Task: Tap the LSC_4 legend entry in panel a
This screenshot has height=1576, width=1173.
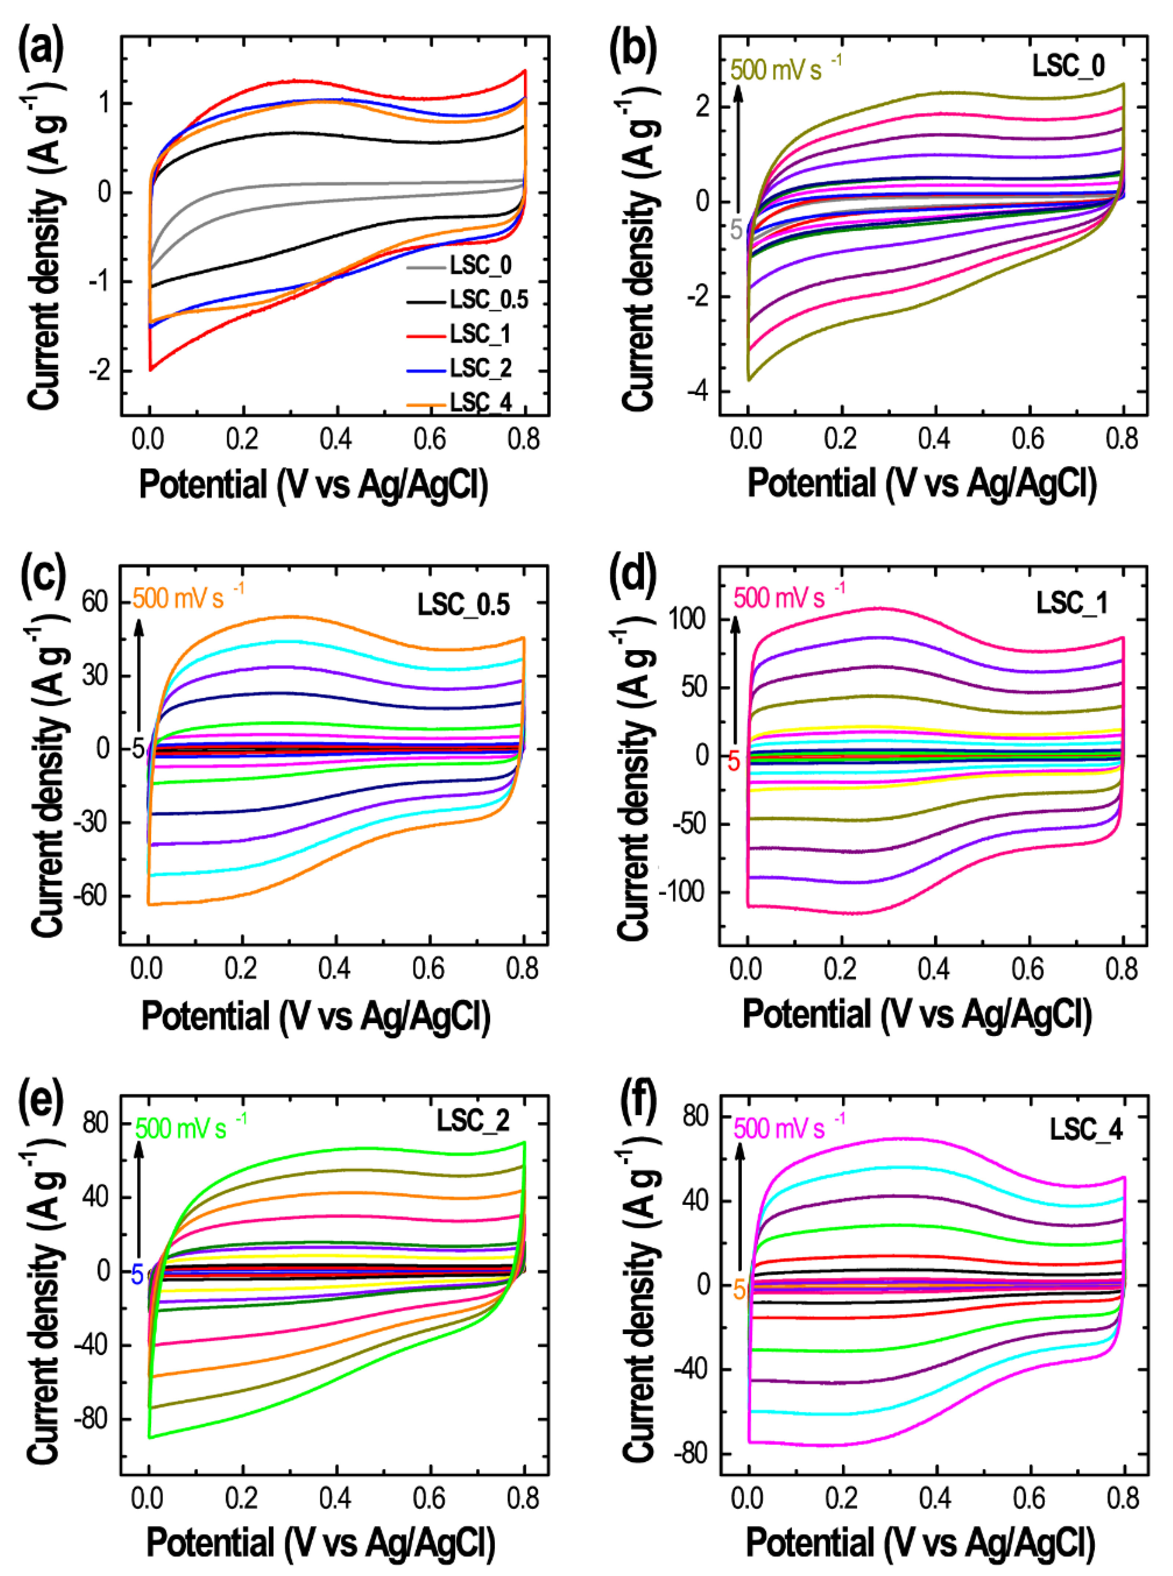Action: (x=480, y=403)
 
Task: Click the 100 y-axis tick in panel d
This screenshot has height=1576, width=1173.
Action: (x=686, y=619)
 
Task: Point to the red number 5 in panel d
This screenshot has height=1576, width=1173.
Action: (x=733, y=762)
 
